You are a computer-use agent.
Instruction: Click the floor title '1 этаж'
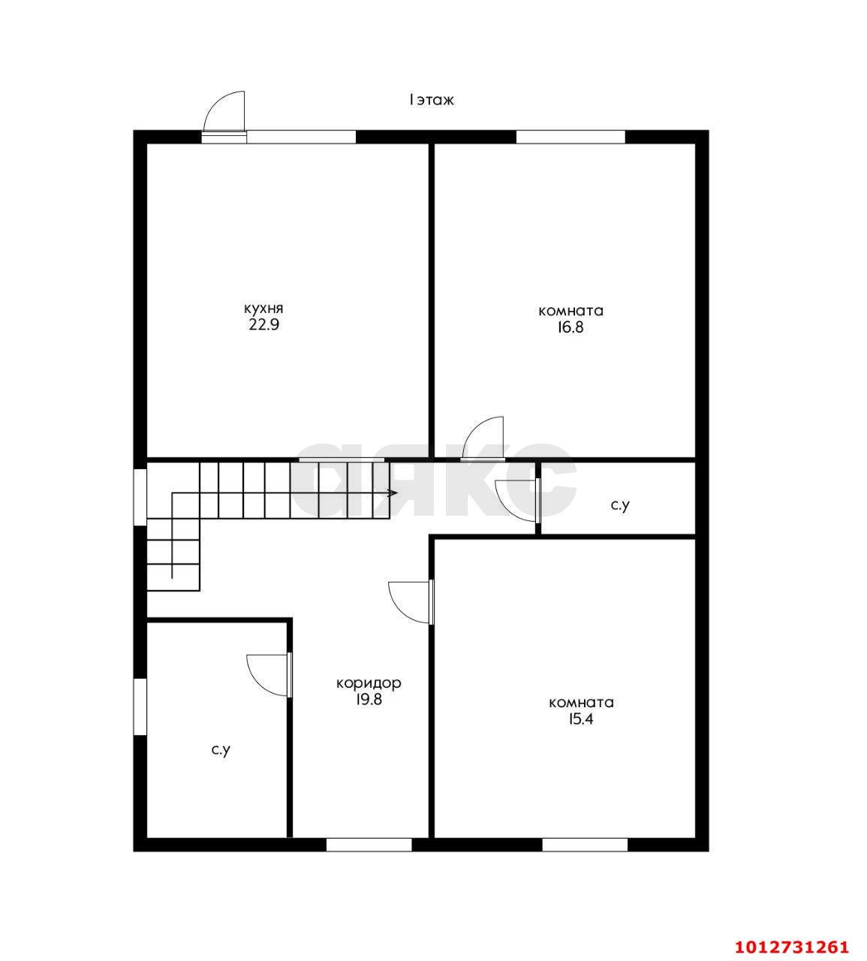point(431,100)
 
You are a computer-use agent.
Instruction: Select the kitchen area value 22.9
point(263,325)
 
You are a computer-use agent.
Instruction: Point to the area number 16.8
point(570,327)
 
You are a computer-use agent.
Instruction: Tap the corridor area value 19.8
point(369,700)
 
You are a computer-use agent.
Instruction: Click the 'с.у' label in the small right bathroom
point(620,505)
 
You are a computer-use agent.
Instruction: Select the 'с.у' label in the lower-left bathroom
point(221,750)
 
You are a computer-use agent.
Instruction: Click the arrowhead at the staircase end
point(393,493)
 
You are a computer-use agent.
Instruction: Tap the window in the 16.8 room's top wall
point(570,137)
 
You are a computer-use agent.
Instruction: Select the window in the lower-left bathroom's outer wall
point(140,707)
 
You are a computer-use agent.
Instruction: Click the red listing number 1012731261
point(792,946)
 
